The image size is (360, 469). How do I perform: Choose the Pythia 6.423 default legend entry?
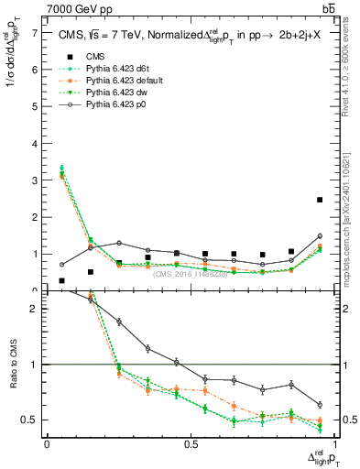(112, 81)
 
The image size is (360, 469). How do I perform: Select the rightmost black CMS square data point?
(320, 200)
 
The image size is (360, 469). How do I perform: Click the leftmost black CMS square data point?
(61, 280)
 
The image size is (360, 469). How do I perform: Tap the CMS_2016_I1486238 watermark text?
(190, 274)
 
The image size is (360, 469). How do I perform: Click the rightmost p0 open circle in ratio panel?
(320, 405)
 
